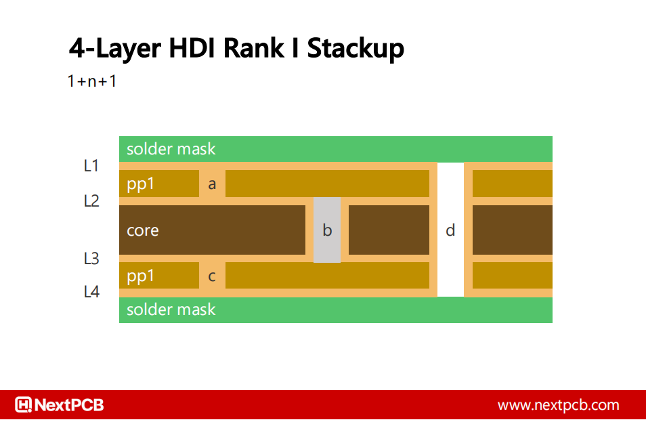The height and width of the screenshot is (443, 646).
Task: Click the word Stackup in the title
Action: coord(356,49)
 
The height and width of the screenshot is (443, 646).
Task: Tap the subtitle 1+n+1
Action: coord(92,81)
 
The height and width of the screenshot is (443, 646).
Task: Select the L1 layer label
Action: coord(91,165)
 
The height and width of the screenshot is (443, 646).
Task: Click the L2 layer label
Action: coord(91,201)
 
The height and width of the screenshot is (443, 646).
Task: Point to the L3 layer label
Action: coord(91,258)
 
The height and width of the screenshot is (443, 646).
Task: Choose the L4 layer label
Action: coord(91,292)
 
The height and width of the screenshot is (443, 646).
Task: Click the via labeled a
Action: coord(212,184)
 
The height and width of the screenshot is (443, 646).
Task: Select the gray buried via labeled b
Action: coord(327,230)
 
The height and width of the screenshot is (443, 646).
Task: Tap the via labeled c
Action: coord(212,276)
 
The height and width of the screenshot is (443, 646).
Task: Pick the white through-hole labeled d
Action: coord(450,230)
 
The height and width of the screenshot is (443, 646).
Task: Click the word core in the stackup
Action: coord(143,230)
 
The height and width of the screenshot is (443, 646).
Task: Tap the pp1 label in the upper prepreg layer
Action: coord(141,184)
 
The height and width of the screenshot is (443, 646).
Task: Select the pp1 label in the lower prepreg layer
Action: coord(141,276)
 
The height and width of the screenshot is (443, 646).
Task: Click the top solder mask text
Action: coord(171,149)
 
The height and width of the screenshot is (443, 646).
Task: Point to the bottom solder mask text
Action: coord(171,310)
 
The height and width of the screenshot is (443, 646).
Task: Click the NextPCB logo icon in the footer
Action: coord(24,405)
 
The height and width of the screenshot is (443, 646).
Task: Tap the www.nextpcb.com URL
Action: coord(558,405)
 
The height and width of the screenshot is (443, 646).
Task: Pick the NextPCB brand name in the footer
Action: coord(69,405)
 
